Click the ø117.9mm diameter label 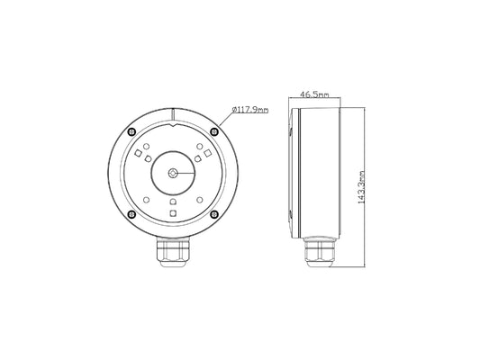pyautogui.click(x=250, y=110)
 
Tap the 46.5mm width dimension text pyautogui.click(x=313, y=94)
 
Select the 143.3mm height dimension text pyautogui.click(x=361, y=187)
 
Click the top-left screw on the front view pyautogui.click(x=131, y=131)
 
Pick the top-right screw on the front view pyautogui.click(x=214, y=131)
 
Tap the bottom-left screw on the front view pyautogui.click(x=131, y=214)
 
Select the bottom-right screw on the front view pyautogui.click(x=214, y=214)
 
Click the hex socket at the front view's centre pyautogui.click(x=173, y=174)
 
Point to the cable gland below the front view pyautogui.click(x=173, y=252)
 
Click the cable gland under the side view pyautogui.click(x=319, y=252)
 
